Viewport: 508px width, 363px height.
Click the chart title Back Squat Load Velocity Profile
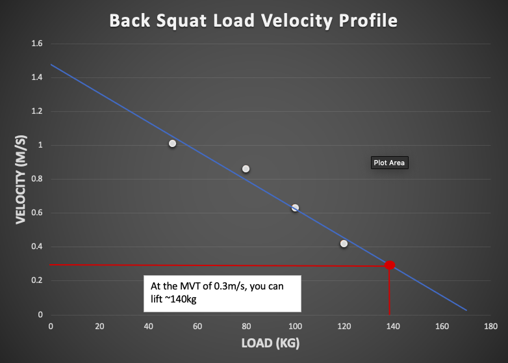click(253, 21)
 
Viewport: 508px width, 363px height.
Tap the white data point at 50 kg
click(172, 143)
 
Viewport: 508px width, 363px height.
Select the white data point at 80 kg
click(246, 168)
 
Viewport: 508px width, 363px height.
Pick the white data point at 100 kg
click(295, 208)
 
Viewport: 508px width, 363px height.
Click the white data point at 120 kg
click(344, 243)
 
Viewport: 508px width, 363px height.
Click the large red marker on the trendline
click(389, 265)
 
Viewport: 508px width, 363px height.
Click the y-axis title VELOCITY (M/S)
click(21, 180)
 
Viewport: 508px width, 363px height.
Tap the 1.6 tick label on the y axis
click(36, 44)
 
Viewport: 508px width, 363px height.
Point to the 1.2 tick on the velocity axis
click(36, 111)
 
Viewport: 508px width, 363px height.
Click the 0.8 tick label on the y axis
click(36, 179)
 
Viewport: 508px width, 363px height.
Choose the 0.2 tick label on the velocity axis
click(36, 280)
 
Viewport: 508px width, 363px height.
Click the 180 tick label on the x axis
click(491, 325)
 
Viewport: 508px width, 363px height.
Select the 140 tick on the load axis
click(393, 325)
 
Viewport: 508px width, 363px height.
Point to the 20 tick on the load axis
click(99, 325)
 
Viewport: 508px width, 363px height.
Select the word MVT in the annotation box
click(186, 286)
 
